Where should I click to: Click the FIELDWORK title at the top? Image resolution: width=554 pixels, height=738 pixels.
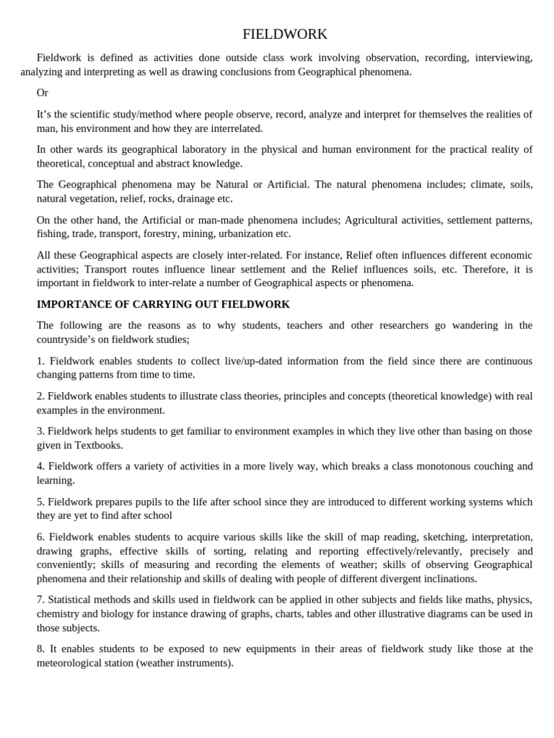285,34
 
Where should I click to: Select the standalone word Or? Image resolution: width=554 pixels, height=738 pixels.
43,93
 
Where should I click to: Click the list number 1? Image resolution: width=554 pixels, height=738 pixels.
40,360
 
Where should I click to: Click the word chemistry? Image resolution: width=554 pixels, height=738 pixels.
61,613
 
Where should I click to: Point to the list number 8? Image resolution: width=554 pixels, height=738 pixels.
40,649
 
